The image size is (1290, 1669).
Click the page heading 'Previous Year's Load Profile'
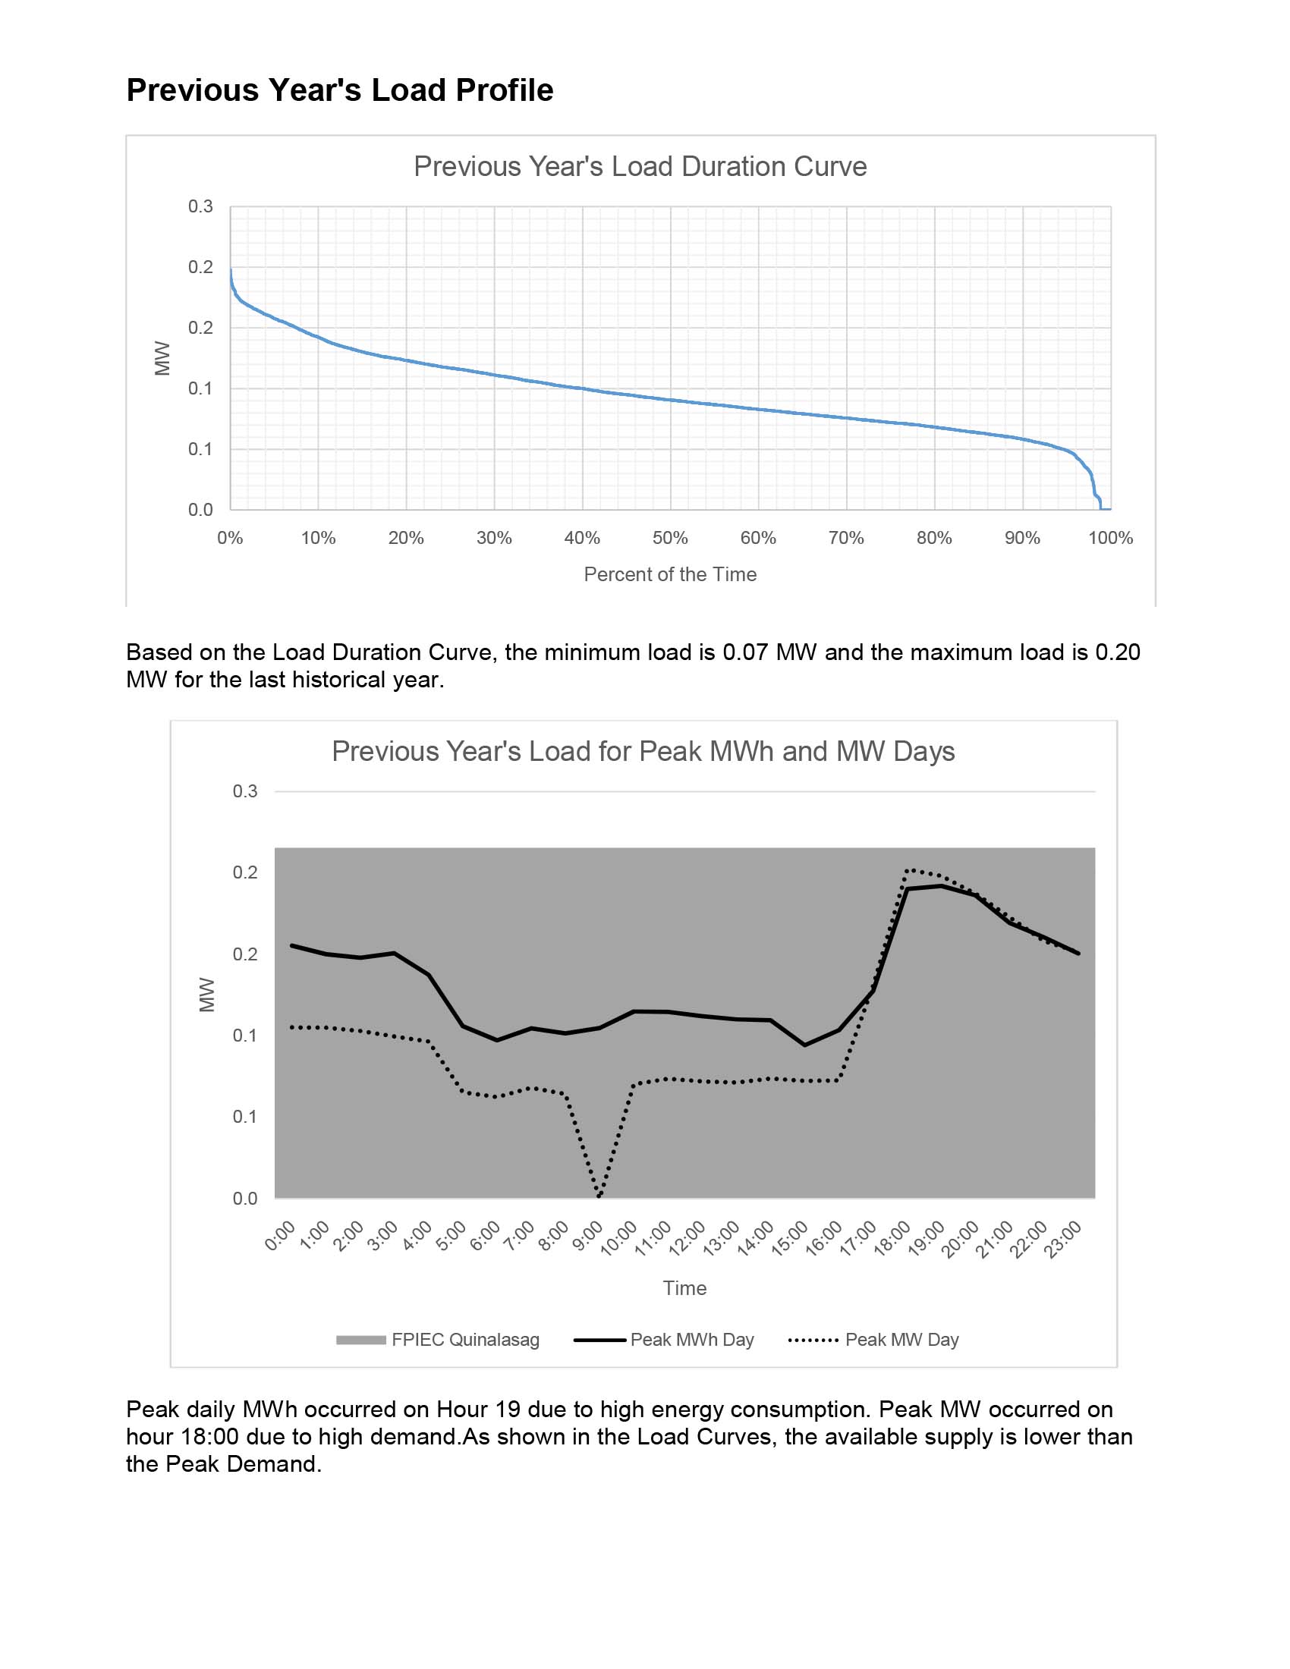tap(339, 90)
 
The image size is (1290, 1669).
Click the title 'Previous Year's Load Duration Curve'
tap(640, 167)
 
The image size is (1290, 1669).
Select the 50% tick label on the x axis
tap(669, 538)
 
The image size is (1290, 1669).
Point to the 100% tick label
tap(1109, 538)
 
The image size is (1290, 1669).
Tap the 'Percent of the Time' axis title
tap(669, 575)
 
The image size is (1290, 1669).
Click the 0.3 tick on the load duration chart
tap(200, 206)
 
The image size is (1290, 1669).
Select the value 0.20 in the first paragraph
tap(1117, 652)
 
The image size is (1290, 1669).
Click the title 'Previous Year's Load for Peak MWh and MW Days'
tap(643, 751)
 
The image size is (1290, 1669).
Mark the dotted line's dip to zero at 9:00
tap(599, 1196)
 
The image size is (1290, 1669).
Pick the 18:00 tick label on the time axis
tap(892, 1237)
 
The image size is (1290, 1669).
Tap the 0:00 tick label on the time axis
tap(281, 1236)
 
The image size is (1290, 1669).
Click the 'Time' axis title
tap(684, 1288)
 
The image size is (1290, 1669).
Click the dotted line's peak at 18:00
tap(907, 869)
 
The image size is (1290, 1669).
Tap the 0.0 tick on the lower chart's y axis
tap(244, 1198)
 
